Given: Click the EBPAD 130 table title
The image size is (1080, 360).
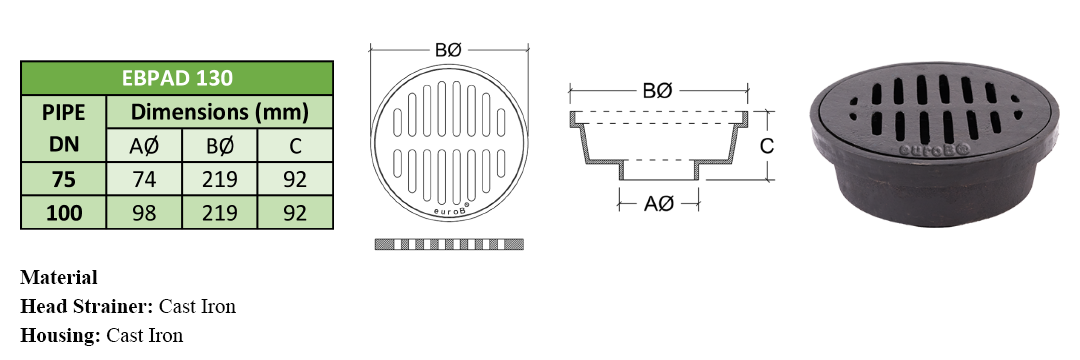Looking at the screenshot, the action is tap(177, 78).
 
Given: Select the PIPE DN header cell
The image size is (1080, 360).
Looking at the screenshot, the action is tap(63, 128).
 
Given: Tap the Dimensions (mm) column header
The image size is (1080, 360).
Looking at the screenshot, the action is tap(220, 112).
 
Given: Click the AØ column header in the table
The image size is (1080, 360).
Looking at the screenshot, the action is tap(144, 146).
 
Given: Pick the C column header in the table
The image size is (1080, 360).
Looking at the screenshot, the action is tap(295, 146).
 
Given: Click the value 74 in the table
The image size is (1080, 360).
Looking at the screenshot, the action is tap(144, 179).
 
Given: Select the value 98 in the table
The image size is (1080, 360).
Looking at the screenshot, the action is tap(144, 213).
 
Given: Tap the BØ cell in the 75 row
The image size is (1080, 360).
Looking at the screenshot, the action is tap(220, 179).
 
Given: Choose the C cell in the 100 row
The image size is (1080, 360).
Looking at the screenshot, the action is tap(295, 213).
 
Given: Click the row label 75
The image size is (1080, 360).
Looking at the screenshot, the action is tap(63, 179).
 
